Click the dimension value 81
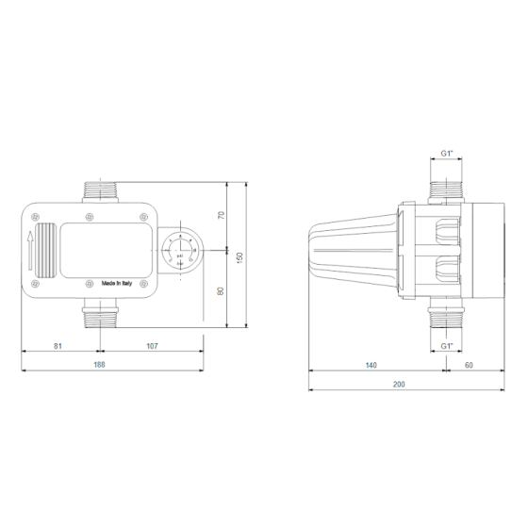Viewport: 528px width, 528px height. (57, 346)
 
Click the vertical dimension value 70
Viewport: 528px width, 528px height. (222, 215)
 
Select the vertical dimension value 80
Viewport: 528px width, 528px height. (222, 289)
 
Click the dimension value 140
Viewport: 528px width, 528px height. (371, 364)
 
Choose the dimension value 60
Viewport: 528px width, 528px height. (469, 364)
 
